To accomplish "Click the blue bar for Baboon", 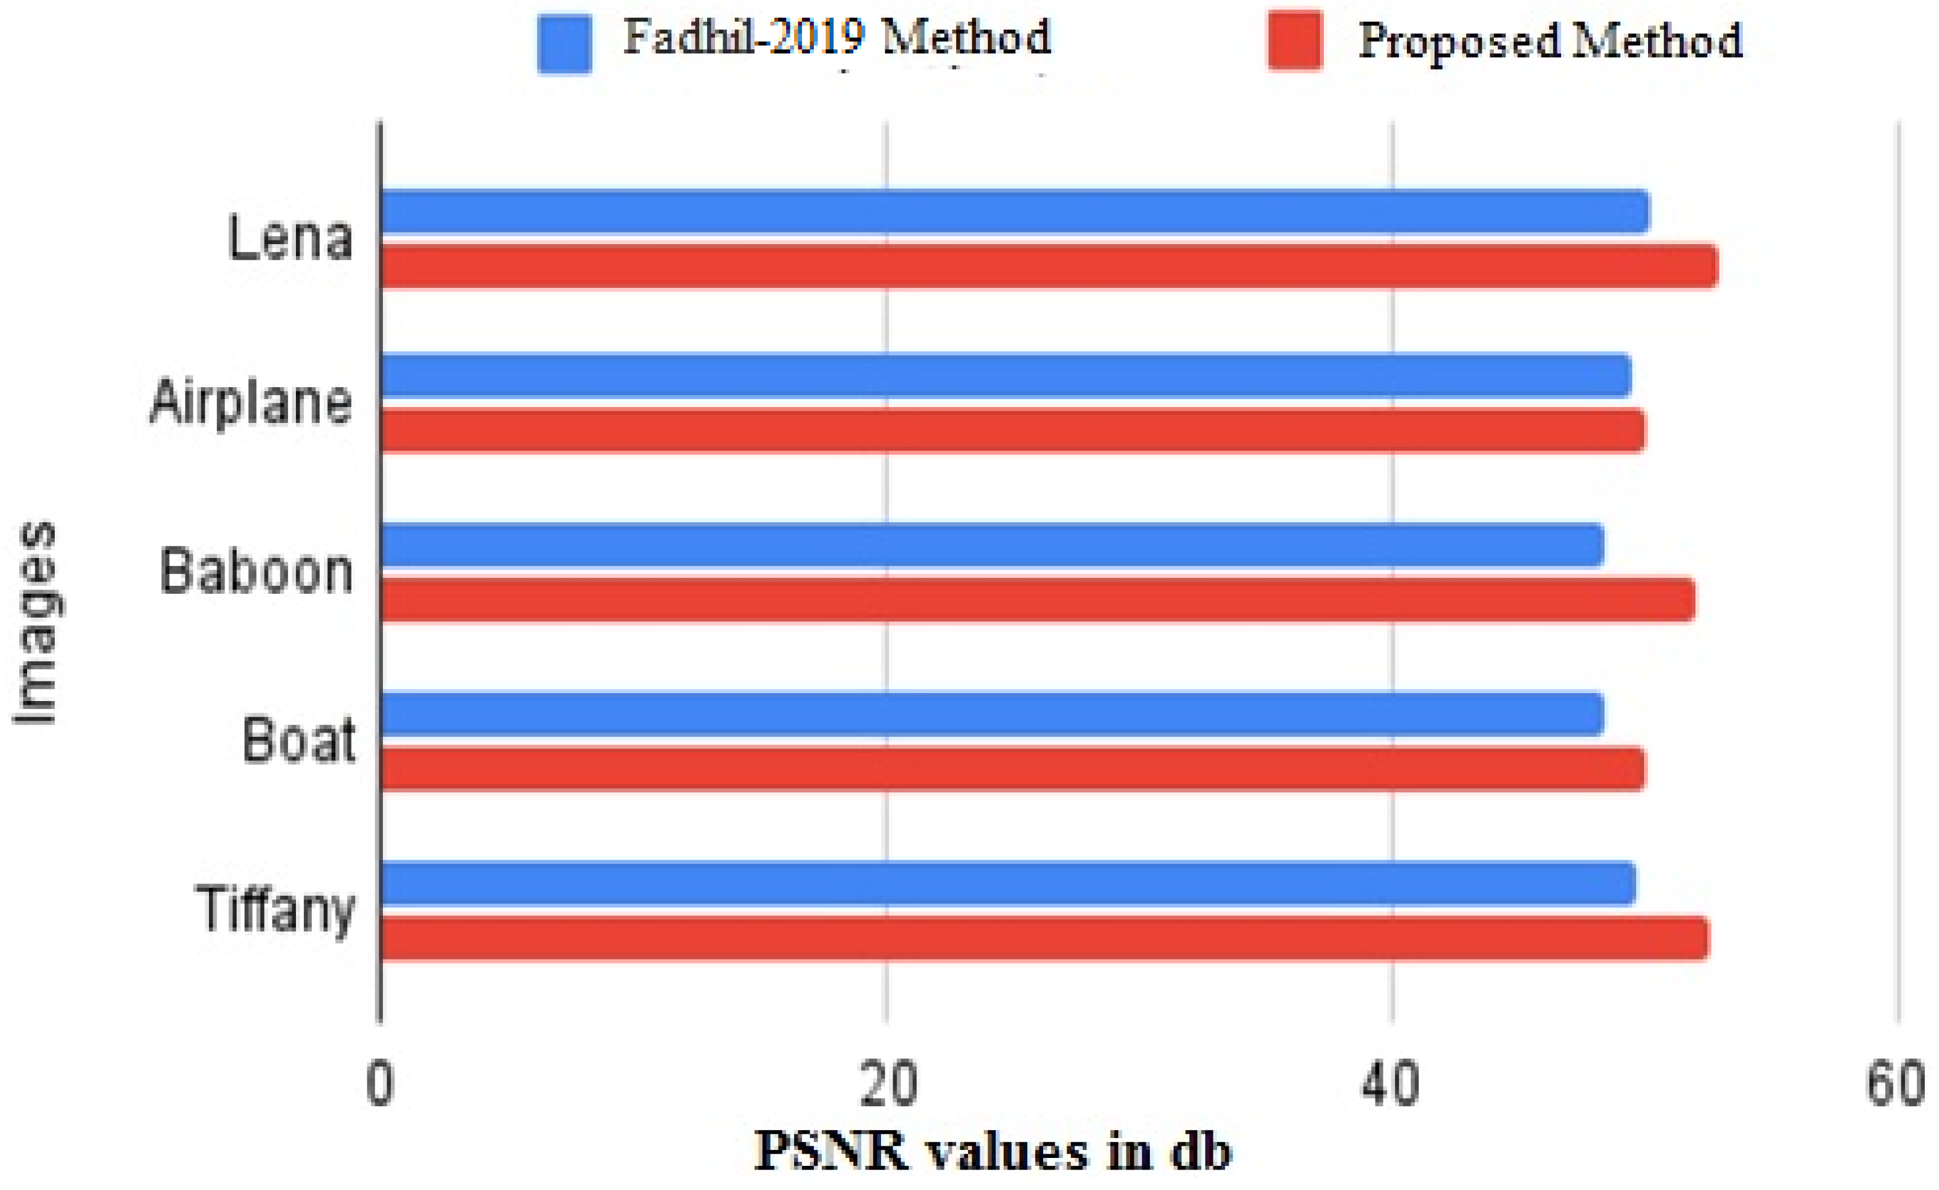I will [991, 544].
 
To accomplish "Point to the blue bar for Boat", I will [991, 714].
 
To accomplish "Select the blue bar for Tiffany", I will [1007, 883].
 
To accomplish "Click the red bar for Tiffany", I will [1043, 938].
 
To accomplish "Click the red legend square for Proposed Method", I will [1295, 41].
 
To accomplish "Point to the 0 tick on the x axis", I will [380, 1085].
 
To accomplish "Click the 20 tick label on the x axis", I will [888, 1085].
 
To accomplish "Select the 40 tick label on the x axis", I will [1392, 1085].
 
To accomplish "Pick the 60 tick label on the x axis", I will [1896, 1085].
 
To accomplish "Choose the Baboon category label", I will [256, 570].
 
